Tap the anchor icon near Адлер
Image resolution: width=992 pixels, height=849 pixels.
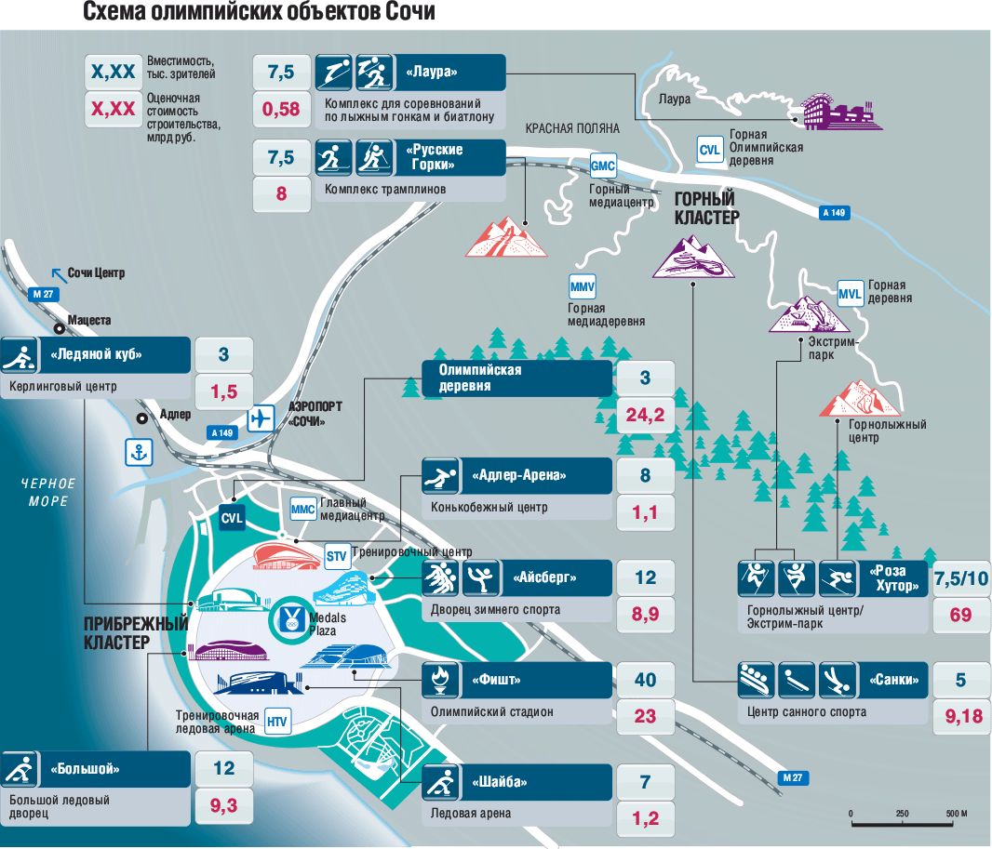[x=139, y=452]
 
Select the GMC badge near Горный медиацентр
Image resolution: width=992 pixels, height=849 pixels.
[x=604, y=166]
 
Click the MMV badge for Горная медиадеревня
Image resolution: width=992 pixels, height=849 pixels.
[x=583, y=285]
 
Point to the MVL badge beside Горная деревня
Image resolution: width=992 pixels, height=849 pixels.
[x=851, y=293]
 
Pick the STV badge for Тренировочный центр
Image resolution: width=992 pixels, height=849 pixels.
[x=336, y=557]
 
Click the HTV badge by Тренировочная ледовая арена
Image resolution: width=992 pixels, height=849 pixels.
[x=276, y=721]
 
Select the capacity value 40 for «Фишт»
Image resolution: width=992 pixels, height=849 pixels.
[x=645, y=680]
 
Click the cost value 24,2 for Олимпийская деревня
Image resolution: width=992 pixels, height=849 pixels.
[x=645, y=415]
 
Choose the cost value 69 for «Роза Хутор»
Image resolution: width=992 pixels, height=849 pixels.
[x=961, y=615]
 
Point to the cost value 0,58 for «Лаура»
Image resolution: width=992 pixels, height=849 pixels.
[x=281, y=110]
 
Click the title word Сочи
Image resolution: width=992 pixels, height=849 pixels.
[x=407, y=13]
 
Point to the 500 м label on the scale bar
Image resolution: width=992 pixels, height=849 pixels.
[x=957, y=814]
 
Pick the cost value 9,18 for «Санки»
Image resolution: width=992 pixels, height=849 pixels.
[x=961, y=717]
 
